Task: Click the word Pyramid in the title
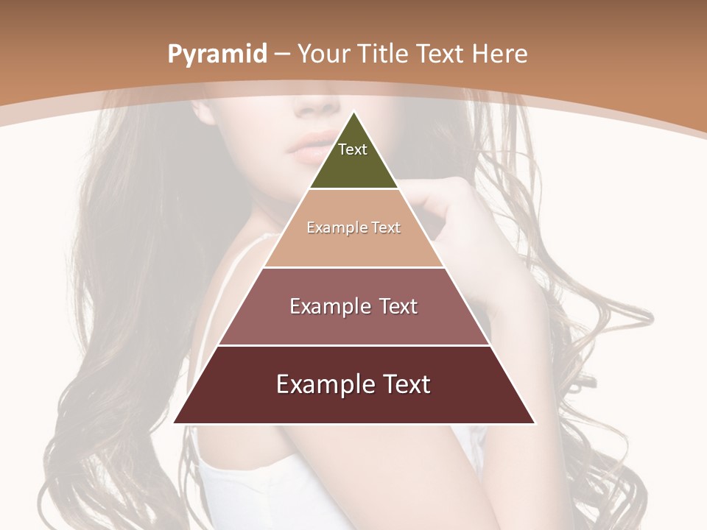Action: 217,54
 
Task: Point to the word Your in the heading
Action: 326,54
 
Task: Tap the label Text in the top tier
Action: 353,149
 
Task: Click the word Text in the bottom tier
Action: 406,384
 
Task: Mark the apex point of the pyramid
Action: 353,113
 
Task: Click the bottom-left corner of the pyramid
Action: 175,423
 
